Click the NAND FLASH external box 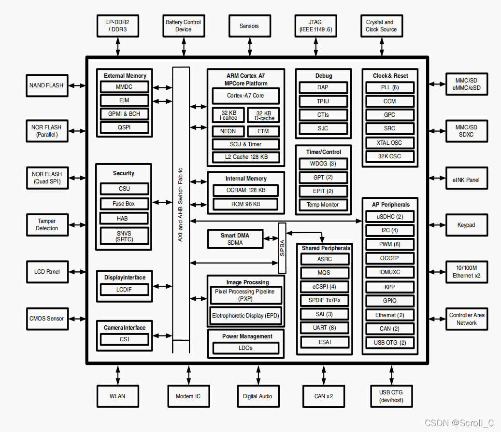(x=46, y=85)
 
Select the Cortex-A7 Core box (x=245, y=96)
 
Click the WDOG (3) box (x=323, y=164)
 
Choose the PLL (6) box (x=389, y=88)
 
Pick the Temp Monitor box (x=323, y=205)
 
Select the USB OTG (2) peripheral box (x=389, y=343)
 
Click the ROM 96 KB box (x=245, y=204)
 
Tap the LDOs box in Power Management (x=245, y=348)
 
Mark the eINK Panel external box (x=466, y=180)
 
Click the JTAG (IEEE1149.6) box (x=315, y=26)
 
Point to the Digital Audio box (x=258, y=396)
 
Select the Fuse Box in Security (x=123, y=204)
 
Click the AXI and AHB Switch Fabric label (x=181, y=205)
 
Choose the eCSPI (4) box (x=324, y=286)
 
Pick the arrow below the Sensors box (x=249, y=47)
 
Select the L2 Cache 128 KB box (x=245, y=157)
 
